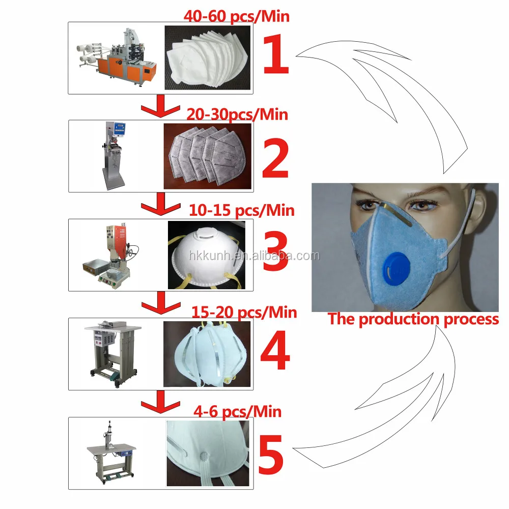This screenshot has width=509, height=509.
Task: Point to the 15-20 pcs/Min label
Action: point(243,311)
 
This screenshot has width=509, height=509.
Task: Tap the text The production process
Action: point(413,319)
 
